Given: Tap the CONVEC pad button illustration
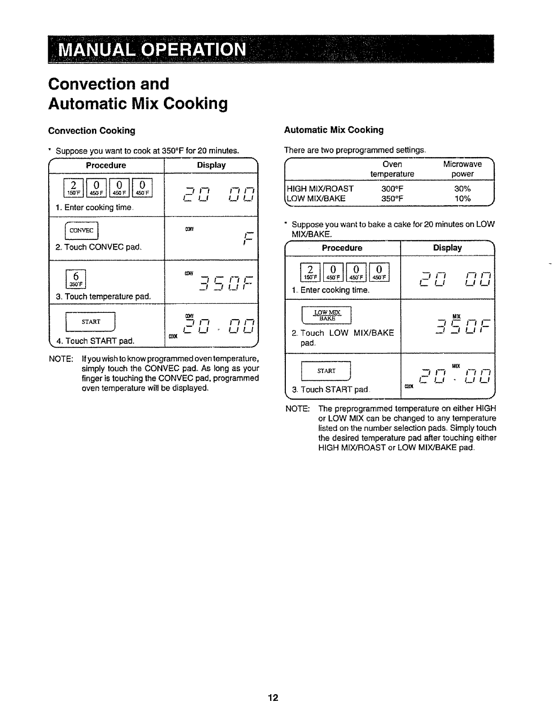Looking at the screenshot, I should point(82,231).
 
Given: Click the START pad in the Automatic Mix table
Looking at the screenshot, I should point(326,371).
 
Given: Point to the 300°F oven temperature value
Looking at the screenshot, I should point(392,188).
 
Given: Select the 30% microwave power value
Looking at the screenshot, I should point(462,188).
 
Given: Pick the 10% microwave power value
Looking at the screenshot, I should point(462,198).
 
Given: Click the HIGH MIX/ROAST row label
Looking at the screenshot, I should point(320,188).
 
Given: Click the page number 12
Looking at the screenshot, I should point(273,698).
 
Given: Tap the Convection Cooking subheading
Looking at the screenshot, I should point(92,131).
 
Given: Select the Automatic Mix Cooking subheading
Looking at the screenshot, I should point(334,130).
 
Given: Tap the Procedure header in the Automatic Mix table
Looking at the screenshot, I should point(342,248).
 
